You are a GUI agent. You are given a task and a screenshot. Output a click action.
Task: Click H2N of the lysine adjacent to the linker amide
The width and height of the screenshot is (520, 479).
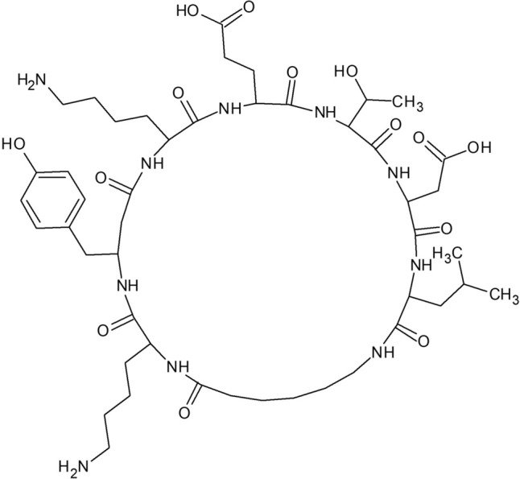(x=72, y=465)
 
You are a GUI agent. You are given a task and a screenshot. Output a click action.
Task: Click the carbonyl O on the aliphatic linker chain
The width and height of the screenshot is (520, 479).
(x=184, y=415)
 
